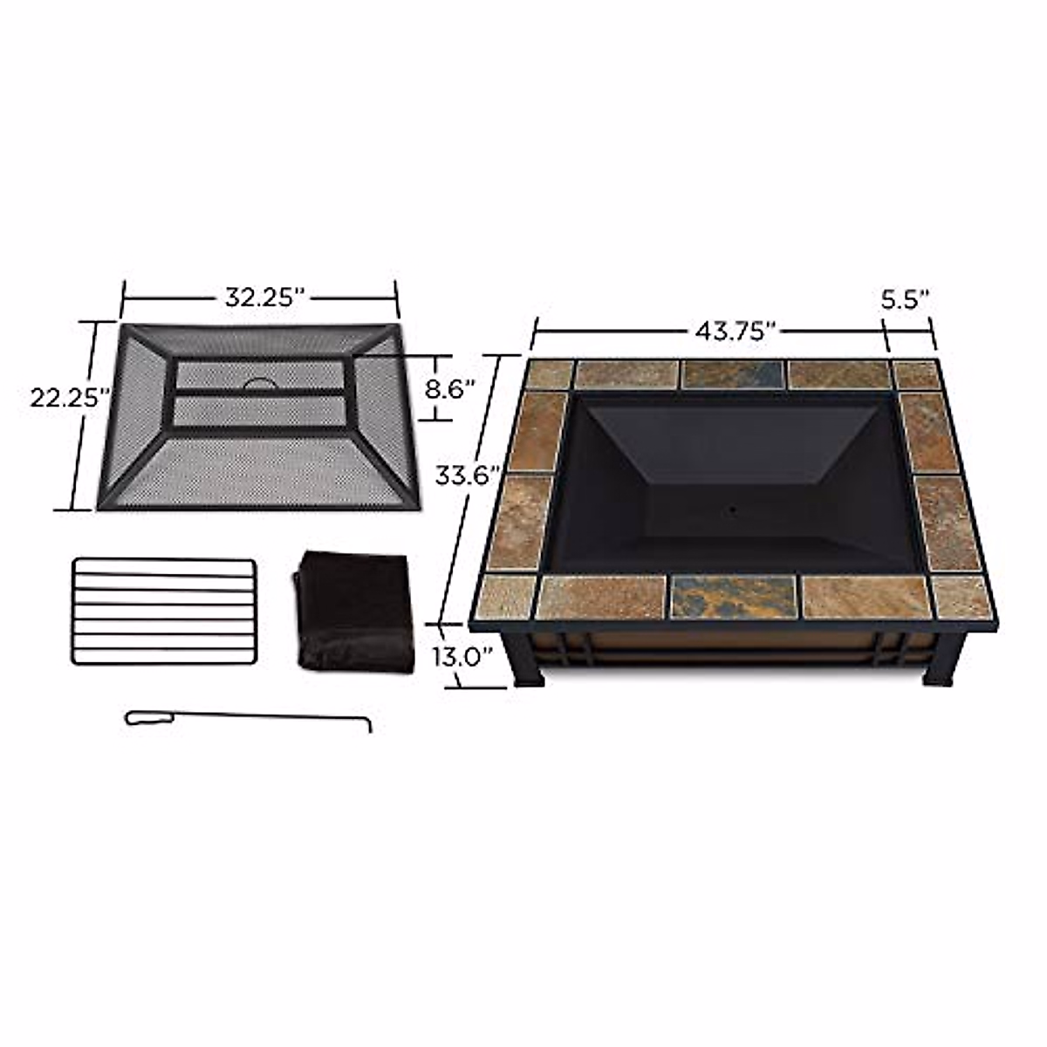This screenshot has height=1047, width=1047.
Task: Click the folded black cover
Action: pos(356,611)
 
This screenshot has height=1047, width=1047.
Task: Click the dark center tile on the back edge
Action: pos(733,374)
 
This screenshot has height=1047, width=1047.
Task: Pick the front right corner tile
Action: pos(962,597)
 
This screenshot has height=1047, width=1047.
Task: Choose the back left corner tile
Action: pos(550,374)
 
